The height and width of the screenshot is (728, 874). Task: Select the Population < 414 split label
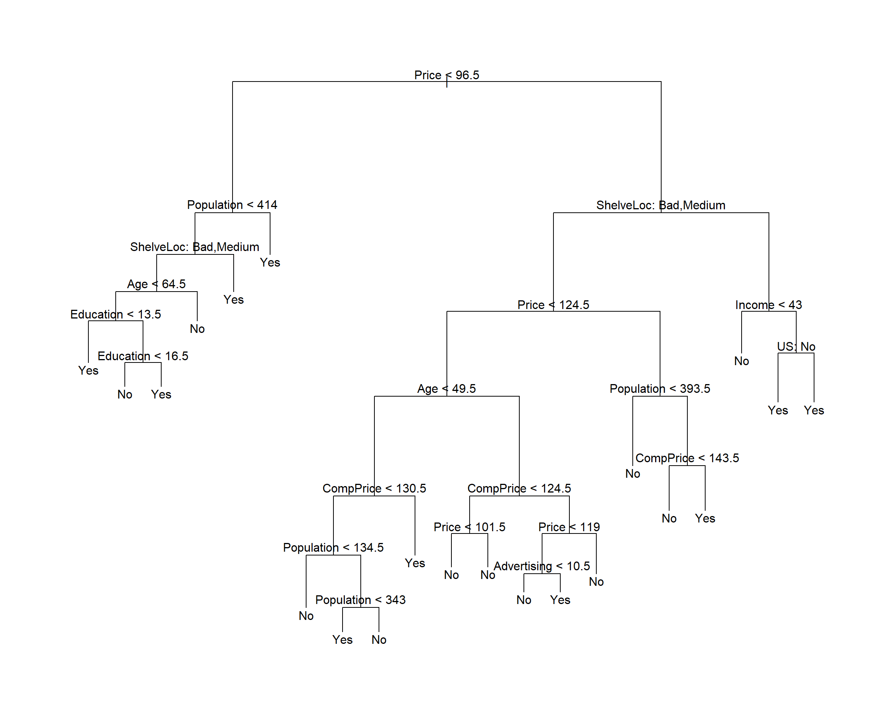232,205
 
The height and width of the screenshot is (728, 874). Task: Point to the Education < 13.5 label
115,314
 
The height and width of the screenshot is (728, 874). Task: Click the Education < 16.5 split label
143,356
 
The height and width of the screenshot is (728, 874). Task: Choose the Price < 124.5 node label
553,305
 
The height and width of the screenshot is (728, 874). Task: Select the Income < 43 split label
768,305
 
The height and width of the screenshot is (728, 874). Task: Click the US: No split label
796,347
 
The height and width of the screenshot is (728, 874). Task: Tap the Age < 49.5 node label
446,389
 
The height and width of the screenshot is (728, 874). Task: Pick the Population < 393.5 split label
660,389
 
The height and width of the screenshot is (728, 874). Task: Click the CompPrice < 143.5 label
687,458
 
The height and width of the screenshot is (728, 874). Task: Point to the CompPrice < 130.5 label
374,488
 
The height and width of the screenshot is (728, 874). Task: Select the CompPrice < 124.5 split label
519,488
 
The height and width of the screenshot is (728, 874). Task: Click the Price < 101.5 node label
470,527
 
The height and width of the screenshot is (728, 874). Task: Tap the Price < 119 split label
569,527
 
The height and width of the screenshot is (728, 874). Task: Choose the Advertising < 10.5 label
541,566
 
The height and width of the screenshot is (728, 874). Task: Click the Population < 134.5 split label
333,548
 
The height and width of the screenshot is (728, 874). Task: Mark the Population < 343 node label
360,600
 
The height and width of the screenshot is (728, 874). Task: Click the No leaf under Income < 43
741,361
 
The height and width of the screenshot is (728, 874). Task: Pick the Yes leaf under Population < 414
270,262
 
